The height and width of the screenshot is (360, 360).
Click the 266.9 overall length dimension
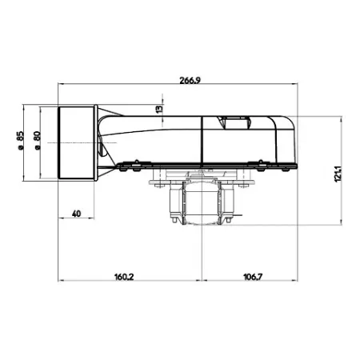[x=190, y=80]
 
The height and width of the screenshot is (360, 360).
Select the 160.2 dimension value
[x=124, y=277]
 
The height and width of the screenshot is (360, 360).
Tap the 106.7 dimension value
[x=253, y=277]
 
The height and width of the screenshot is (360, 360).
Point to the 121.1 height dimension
[x=338, y=174]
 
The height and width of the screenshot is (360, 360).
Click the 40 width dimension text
[x=76, y=214]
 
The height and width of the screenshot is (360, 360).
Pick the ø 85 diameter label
[x=21, y=140]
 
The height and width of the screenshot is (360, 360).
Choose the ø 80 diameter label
[x=37, y=140]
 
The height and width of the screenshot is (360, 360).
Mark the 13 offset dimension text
[x=159, y=109]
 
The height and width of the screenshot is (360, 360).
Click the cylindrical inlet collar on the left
[x=76, y=142]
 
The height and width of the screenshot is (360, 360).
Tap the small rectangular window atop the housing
[x=234, y=122]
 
